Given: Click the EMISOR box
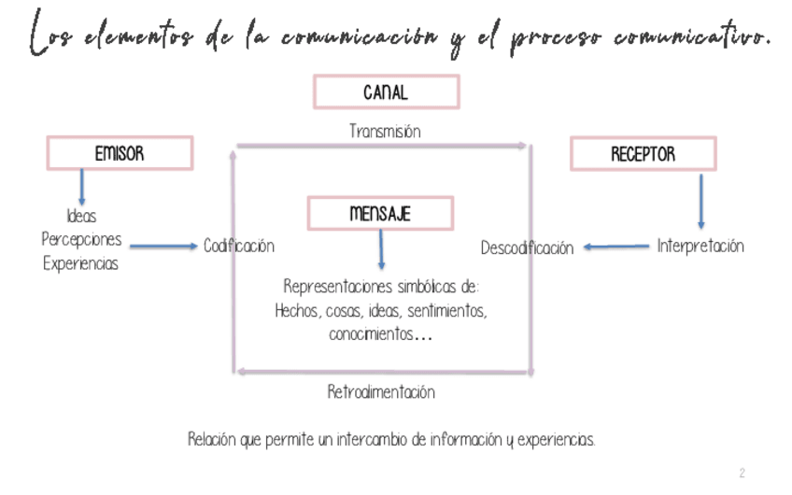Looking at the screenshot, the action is tap(120, 154).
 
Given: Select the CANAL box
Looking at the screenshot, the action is tap(386, 92).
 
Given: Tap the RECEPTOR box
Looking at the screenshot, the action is tap(643, 154).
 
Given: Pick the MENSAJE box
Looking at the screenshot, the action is tap(380, 214).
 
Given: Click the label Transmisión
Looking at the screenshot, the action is tap(385, 132).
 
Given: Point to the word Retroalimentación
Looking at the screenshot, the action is tap(381, 392).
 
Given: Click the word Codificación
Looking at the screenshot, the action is tap(239, 247).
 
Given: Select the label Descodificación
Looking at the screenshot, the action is tap(527, 248).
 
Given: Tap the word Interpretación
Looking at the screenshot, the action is tap(700, 247).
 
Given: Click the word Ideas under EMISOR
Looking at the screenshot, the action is tap(81, 216).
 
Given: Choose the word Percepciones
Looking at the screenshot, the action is tap(81, 239).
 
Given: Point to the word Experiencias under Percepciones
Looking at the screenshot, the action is tap(81, 263).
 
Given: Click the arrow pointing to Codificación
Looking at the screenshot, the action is tap(163, 247).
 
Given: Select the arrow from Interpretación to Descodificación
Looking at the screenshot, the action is tap(616, 247).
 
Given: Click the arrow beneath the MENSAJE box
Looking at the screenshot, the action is tap(381, 249).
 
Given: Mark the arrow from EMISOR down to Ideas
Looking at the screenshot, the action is tap(82, 186).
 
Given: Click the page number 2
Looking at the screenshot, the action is tap(742, 474).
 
